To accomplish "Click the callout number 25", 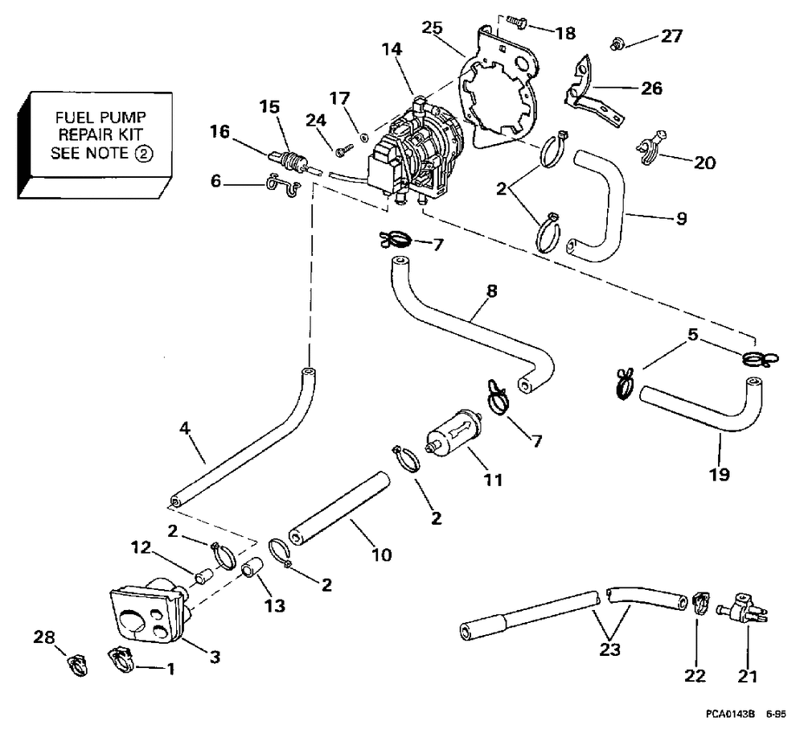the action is coord(432,27).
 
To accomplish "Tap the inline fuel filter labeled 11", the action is coord(453,434).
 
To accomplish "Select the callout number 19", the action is coord(719,474).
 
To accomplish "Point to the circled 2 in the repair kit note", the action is coord(144,153).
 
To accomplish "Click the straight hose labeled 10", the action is coord(339,508).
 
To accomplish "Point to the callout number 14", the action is coord(392,49).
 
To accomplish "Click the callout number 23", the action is coord(610,649).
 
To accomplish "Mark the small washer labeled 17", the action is coord(363,137).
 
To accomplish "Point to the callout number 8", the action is coord(491,291).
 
